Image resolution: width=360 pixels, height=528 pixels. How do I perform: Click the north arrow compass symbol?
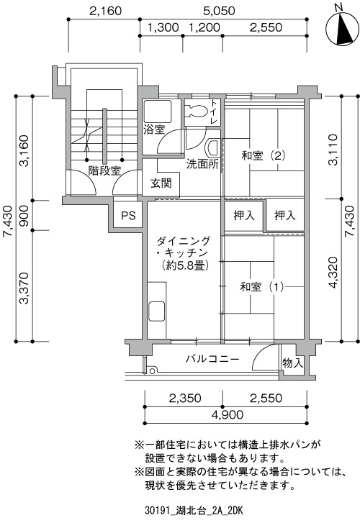click(x=341, y=29)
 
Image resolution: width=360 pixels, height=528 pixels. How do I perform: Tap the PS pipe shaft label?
click(x=128, y=216)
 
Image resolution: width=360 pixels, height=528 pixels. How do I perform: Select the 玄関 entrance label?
click(x=161, y=183)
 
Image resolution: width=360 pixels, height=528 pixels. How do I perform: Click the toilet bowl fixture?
click(x=197, y=111)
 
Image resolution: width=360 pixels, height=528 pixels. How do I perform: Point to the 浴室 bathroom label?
click(x=154, y=130)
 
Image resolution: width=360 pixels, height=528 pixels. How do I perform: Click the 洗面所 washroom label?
click(x=202, y=164)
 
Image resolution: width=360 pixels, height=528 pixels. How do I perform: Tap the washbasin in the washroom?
click(x=212, y=148)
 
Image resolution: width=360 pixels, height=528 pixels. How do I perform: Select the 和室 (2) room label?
click(x=264, y=155)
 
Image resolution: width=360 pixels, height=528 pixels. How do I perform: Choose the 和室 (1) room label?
click(x=262, y=287)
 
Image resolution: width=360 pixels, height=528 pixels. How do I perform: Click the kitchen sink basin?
click(x=157, y=311)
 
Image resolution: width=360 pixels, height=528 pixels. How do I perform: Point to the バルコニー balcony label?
click(x=212, y=359)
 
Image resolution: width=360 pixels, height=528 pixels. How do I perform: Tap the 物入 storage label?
click(x=292, y=363)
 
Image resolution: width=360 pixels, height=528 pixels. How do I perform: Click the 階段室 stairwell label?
click(x=104, y=170)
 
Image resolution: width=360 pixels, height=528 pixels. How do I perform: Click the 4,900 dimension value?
click(x=227, y=414)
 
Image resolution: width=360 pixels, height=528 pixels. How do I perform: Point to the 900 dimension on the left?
click(x=25, y=216)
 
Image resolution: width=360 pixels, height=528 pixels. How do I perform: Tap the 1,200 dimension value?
click(x=204, y=27)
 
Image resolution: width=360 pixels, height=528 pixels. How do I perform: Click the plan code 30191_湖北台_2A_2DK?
click(x=194, y=511)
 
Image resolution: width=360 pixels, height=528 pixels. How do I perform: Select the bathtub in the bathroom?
click(x=158, y=111)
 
